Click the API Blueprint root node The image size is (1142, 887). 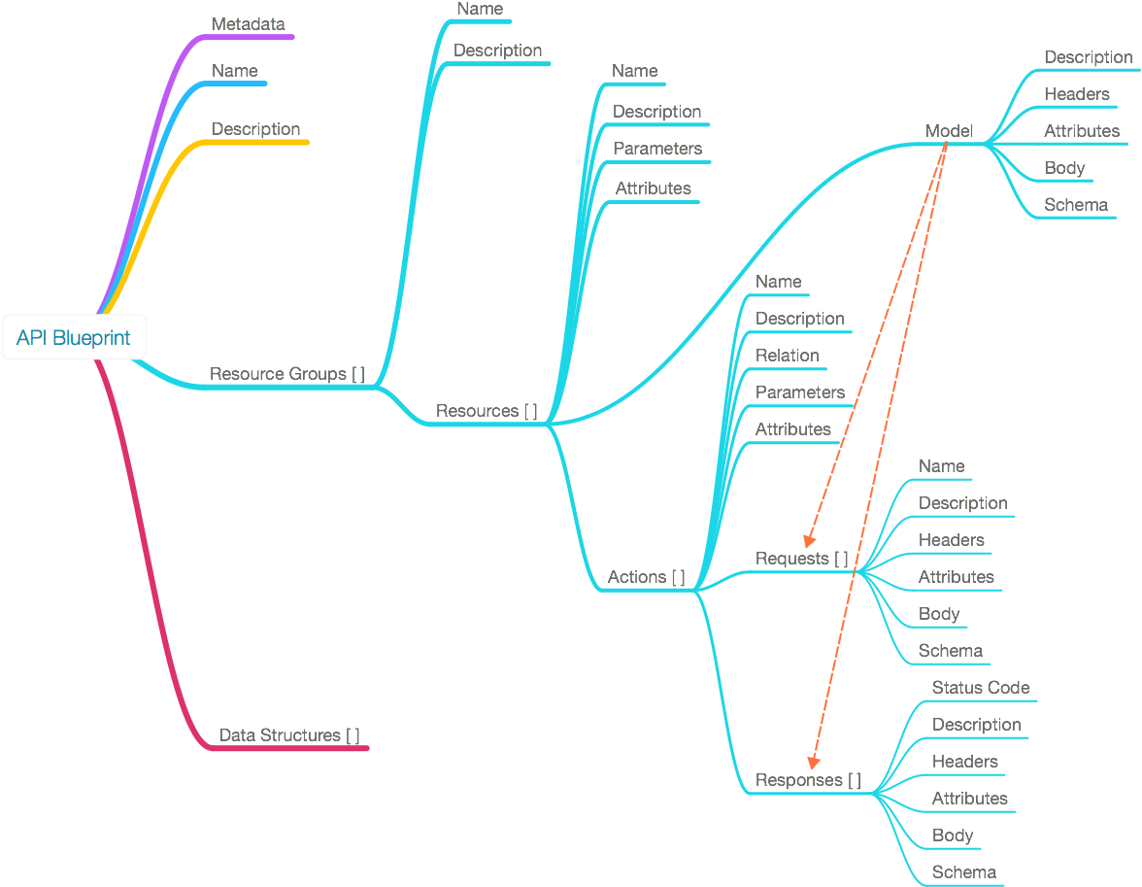tap(74, 337)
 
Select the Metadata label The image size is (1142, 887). tap(248, 24)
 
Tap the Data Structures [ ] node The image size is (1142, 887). tap(288, 735)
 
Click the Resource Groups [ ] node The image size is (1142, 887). tap(287, 374)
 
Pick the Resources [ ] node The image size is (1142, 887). tap(487, 411)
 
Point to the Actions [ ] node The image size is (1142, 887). tap(646, 577)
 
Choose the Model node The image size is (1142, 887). tap(949, 131)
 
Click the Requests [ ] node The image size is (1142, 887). tap(801, 559)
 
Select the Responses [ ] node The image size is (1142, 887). tap(808, 780)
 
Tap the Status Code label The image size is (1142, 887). tap(981, 688)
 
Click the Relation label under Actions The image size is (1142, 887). tap(788, 356)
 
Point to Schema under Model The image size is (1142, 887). tap(1076, 205)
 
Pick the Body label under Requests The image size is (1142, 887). tap(939, 614)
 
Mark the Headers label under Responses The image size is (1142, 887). tap(965, 762)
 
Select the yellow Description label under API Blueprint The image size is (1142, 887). tap(255, 129)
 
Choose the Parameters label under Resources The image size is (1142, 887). tap(657, 149)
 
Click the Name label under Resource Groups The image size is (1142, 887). tap(480, 9)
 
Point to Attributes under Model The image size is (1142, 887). tap(1082, 131)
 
